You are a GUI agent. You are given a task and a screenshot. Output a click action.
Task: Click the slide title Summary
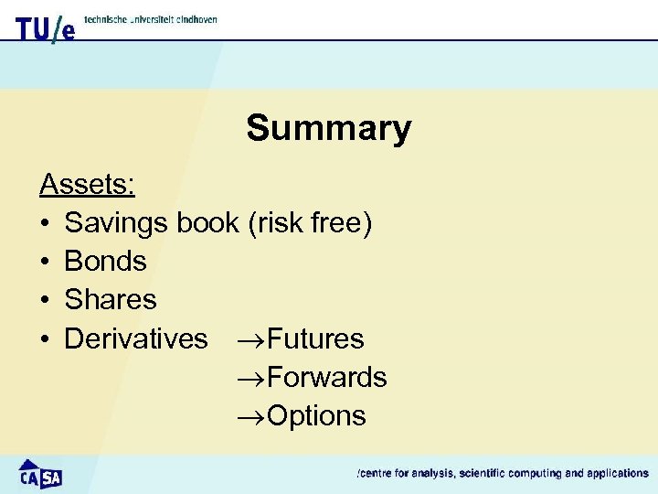pos(328,128)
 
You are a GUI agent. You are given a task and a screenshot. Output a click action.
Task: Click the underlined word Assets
pos(87,185)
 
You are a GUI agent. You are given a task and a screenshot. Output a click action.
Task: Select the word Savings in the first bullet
pos(117,223)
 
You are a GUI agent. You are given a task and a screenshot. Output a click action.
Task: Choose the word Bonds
pos(105,262)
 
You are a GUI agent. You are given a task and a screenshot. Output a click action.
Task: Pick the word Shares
pos(111,300)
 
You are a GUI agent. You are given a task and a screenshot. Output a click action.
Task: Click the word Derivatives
pos(136,338)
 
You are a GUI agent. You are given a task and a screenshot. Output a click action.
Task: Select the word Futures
pos(315,338)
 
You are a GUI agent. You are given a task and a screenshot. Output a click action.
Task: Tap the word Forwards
pos(327,377)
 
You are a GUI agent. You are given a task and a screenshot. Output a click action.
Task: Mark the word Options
pos(316,416)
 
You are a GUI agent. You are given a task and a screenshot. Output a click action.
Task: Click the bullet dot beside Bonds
pos(44,263)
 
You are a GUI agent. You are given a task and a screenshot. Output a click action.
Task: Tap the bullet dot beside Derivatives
pos(44,339)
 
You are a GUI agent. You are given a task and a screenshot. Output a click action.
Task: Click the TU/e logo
pos(45,28)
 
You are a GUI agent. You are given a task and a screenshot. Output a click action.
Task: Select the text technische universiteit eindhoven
pos(151,19)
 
